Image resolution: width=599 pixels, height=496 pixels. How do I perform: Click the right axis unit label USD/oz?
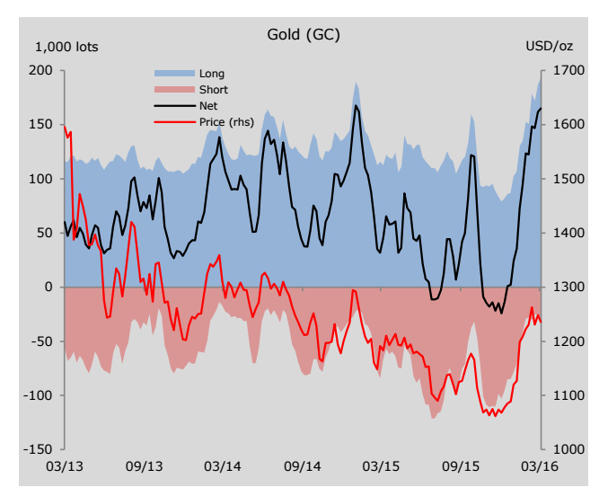(x=548, y=47)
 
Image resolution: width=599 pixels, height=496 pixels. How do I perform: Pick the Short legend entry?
(x=213, y=90)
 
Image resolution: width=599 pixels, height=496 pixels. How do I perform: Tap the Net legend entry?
(x=208, y=106)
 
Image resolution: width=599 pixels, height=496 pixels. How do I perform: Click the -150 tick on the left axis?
(x=40, y=449)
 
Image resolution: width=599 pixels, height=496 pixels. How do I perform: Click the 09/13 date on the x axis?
(x=144, y=467)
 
